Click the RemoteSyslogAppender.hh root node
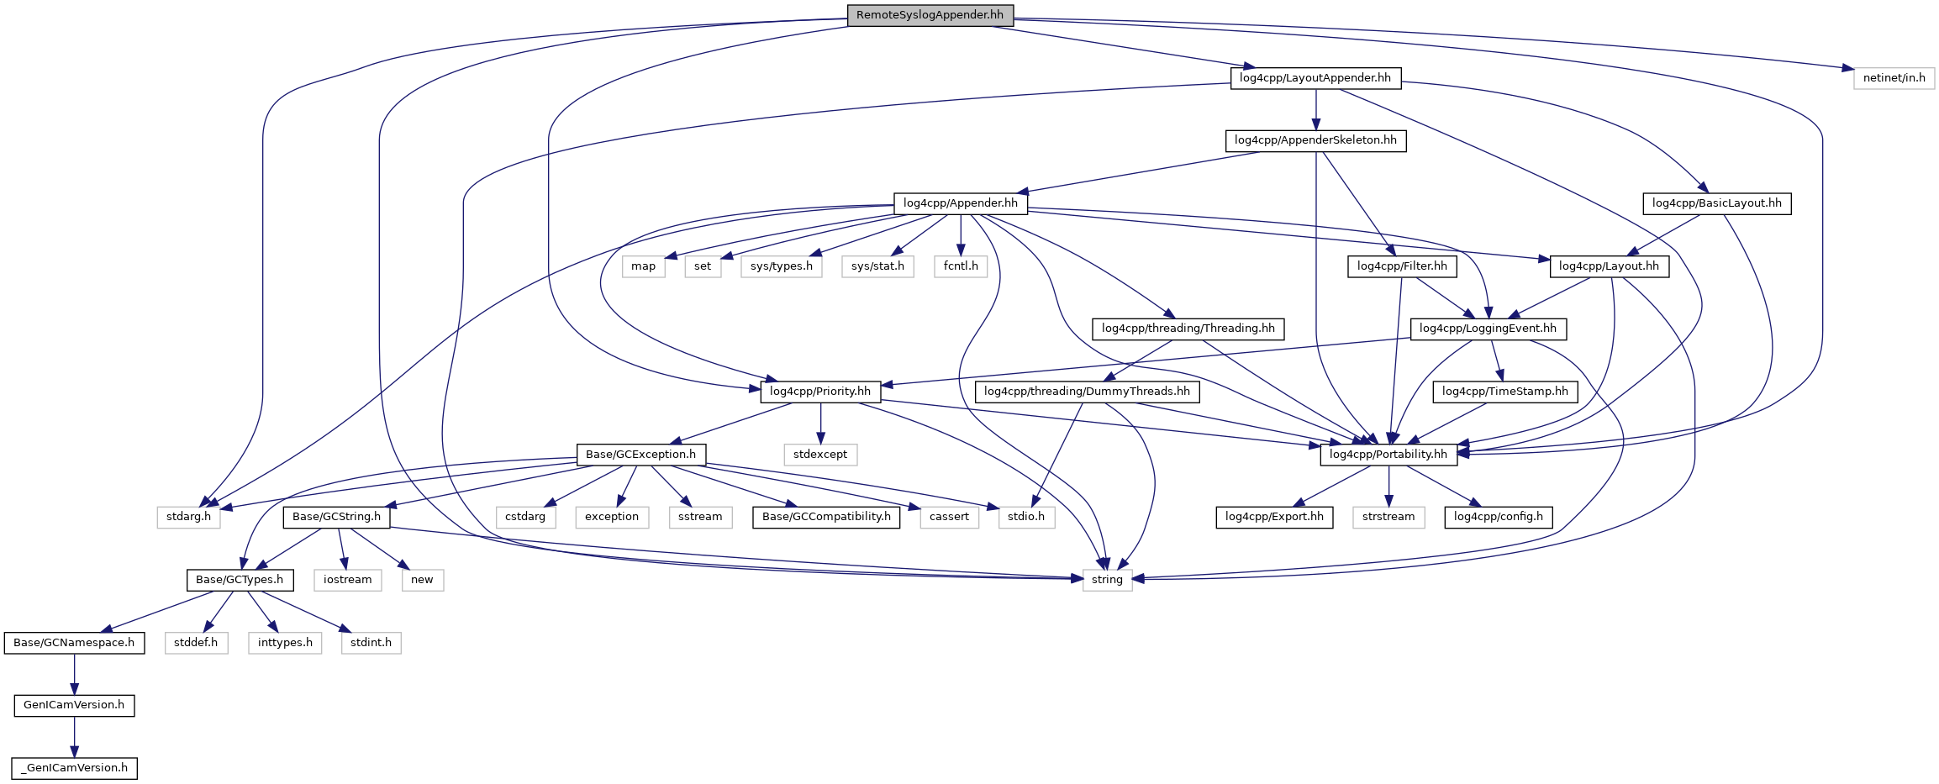click(930, 15)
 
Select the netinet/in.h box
click(1894, 78)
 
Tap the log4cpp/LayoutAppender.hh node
click(1315, 78)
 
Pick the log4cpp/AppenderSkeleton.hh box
click(1315, 140)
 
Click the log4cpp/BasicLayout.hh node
click(1717, 203)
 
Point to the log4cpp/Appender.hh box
click(961, 203)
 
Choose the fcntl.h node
click(961, 266)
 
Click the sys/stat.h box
click(877, 266)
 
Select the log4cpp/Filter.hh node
click(1402, 266)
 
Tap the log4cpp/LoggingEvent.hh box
click(1488, 329)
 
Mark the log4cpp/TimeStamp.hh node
click(1505, 392)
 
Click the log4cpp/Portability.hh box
click(1388, 455)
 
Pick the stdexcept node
click(820, 455)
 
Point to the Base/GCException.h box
click(640, 455)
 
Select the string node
click(1107, 580)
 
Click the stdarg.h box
click(188, 517)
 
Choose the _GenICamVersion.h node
click(74, 768)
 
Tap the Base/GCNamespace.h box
click(74, 643)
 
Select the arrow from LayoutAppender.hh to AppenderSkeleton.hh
click(1315, 109)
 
